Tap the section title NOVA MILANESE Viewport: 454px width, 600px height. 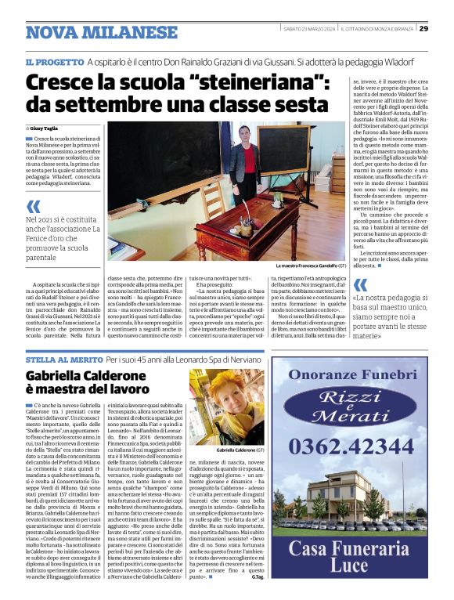pos(102,33)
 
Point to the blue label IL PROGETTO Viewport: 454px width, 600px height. pos(53,61)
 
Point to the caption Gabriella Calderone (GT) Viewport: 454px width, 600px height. pos(219,452)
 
